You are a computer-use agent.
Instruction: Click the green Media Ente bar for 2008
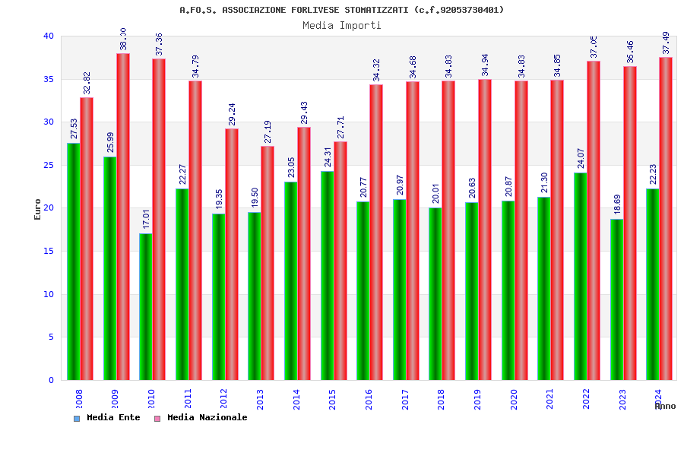(74, 261)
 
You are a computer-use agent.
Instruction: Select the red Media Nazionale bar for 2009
(123, 217)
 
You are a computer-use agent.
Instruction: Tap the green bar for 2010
(146, 306)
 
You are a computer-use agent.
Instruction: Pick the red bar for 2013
(268, 263)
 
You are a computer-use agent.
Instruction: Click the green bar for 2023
(616, 299)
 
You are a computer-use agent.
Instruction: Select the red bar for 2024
(666, 219)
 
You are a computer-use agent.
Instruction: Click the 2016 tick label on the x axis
(369, 399)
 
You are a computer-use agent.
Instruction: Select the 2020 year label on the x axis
(514, 399)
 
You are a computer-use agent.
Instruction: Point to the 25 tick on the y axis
(49, 165)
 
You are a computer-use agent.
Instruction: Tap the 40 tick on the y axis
(49, 36)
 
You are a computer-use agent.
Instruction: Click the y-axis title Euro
(38, 209)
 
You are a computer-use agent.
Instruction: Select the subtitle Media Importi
(342, 25)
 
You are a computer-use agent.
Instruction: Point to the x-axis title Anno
(665, 406)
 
